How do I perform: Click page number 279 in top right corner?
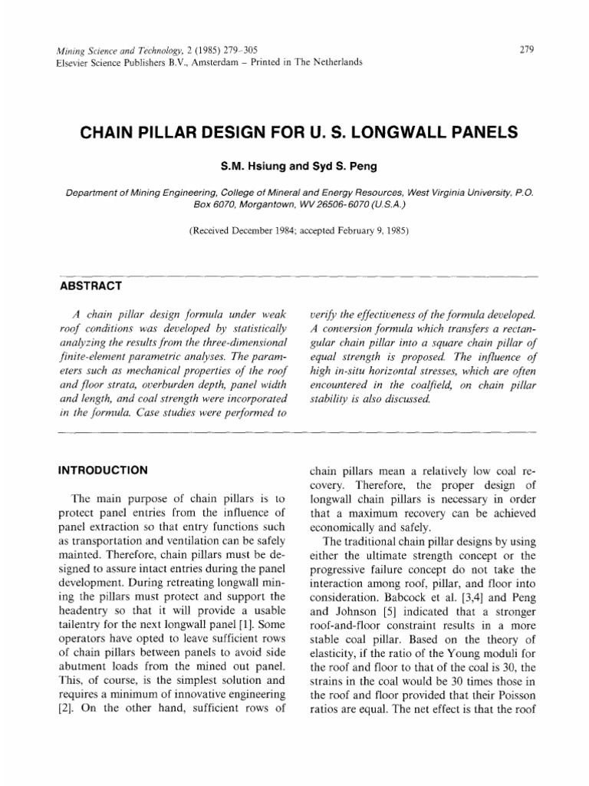pos(527,49)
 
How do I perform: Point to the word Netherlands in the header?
pos(334,63)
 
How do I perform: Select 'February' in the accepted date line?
pos(357,230)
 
